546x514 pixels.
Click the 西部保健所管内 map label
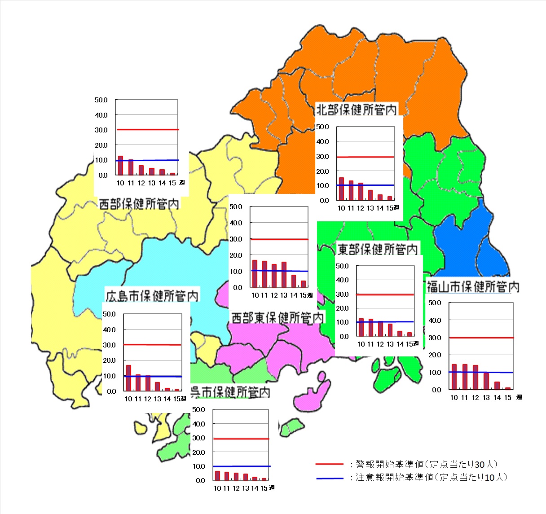click(x=139, y=204)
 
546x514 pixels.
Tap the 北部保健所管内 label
click(x=357, y=110)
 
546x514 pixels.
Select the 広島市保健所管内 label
click(x=152, y=296)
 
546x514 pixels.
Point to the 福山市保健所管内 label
click(x=473, y=286)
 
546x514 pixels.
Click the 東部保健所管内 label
click(x=377, y=249)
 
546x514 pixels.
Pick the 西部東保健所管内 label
click(x=277, y=318)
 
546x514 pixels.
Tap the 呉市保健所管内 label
click(x=230, y=392)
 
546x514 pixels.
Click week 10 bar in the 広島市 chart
click(x=128, y=378)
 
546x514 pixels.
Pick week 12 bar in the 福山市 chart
click(x=476, y=378)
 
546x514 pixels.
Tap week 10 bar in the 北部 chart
click(x=341, y=189)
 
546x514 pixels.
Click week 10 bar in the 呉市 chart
click(x=217, y=475)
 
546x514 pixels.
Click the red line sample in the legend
click(x=329, y=464)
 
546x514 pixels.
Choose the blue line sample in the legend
click(x=329, y=478)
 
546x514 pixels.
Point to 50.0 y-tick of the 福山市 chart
click(x=435, y=303)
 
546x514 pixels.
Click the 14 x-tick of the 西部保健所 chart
click(x=162, y=183)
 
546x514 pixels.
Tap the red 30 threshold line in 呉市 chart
click(x=241, y=439)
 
